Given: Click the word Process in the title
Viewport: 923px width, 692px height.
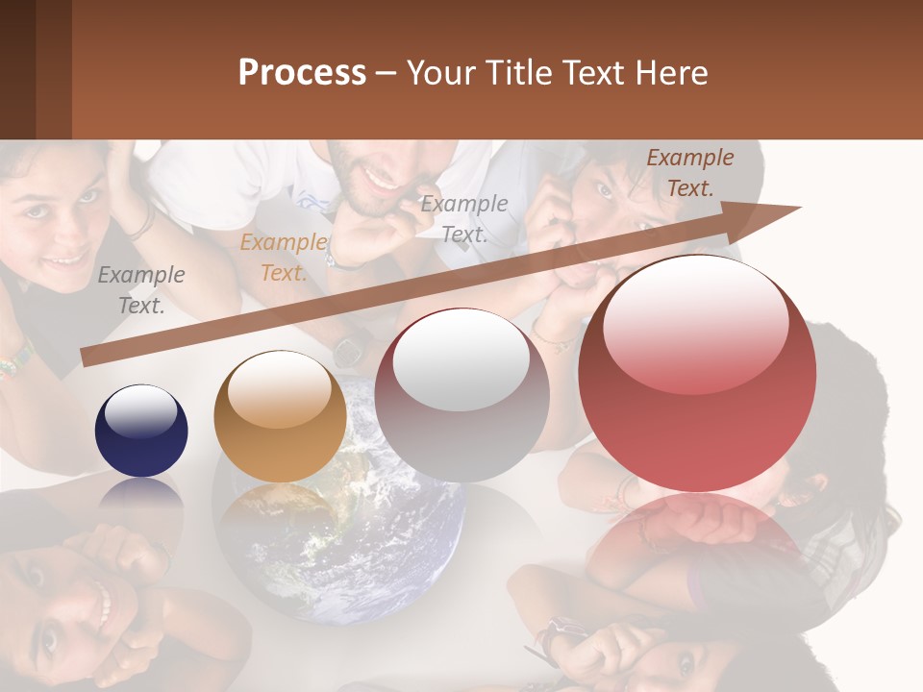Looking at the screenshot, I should coord(302,73).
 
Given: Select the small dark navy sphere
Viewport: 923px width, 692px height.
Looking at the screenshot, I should coord(141,431).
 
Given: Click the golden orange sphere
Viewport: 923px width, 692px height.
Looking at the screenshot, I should coord(280,417).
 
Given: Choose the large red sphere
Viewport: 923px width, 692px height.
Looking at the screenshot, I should coord(697,373).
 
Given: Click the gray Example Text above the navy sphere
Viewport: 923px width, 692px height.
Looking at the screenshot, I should coord(141,290).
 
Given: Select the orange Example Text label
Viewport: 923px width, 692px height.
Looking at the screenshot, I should coord(283,258).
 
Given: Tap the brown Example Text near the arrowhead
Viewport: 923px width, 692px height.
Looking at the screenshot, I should coord(689,173).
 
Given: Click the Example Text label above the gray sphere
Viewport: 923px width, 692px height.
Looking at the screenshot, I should coord(464,219).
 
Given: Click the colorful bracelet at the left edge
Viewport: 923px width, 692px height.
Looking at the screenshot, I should coord(14,362).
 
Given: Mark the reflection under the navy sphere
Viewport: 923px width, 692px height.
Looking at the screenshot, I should coord(141,495).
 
